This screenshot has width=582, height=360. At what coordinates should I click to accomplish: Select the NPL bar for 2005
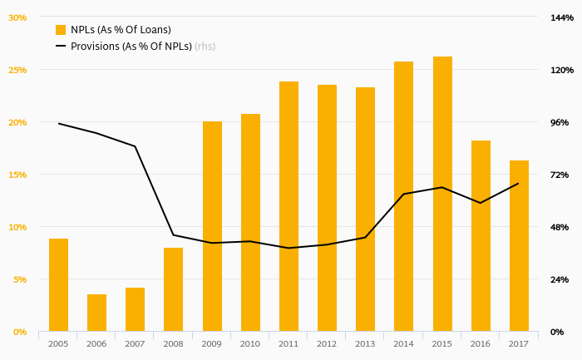(58, 285)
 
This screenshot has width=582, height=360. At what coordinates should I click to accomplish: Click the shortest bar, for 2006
(96, 313)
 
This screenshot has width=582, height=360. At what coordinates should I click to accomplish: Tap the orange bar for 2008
(173, 289)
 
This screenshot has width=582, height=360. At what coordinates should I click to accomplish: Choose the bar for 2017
(519, 246)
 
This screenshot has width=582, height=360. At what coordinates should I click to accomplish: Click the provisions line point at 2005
(58, 124)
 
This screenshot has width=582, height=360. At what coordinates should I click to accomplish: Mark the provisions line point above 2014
(404, 194)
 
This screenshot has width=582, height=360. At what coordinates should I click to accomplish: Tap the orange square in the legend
(61, 30)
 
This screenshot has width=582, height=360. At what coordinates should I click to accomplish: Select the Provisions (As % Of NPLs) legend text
(131, 47)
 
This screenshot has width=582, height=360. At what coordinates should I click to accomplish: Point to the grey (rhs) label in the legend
(205, 47)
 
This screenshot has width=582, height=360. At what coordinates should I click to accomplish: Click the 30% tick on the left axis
(17, 17)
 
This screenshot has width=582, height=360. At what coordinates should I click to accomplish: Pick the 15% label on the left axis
(17, 175)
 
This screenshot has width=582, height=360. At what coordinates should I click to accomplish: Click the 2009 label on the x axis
(212, 343)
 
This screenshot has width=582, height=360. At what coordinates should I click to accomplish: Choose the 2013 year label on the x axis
(365, 343)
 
